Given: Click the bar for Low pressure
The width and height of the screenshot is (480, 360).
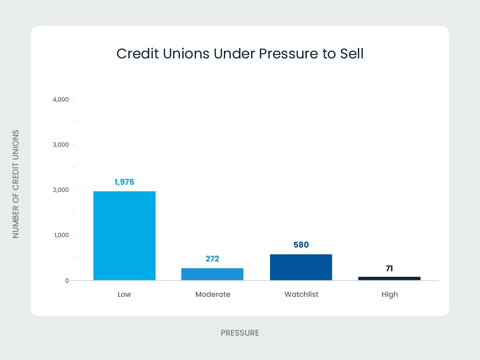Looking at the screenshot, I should pos(124,236).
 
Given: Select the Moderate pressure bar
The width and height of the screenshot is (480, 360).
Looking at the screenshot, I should pos(212,274).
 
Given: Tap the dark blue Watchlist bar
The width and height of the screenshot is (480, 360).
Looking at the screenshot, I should pos(301,267).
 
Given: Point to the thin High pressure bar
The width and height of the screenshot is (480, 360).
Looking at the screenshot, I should pos(389,278).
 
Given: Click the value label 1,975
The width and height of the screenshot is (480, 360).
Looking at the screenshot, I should pos(124,182).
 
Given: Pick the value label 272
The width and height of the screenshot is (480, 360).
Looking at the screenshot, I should pos(212,259).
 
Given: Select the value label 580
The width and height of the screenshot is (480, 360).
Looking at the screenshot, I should pos(301,245).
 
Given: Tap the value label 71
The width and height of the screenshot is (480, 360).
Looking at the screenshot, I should pos(389,268).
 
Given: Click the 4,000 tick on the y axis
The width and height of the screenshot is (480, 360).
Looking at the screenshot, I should pos(61,99).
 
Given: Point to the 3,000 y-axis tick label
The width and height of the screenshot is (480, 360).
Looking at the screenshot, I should pos(61,144).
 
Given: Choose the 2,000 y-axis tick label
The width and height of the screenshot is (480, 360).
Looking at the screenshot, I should pos(61,190).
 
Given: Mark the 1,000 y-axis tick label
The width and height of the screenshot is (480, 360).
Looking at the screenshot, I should pos(61,235).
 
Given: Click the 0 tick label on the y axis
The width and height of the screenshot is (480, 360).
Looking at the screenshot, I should pos(67,280).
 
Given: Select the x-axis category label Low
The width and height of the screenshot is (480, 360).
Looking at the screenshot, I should pos(124,294).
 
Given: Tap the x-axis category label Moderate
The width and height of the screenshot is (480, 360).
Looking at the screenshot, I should pos(213,294).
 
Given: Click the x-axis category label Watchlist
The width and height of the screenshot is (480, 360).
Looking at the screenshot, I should pos(301,294).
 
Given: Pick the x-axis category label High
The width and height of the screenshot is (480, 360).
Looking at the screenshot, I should pos(389,294).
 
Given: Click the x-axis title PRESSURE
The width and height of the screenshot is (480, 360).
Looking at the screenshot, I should pos(240,333).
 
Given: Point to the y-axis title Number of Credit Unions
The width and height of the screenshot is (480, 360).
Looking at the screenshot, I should pos(16,184).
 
